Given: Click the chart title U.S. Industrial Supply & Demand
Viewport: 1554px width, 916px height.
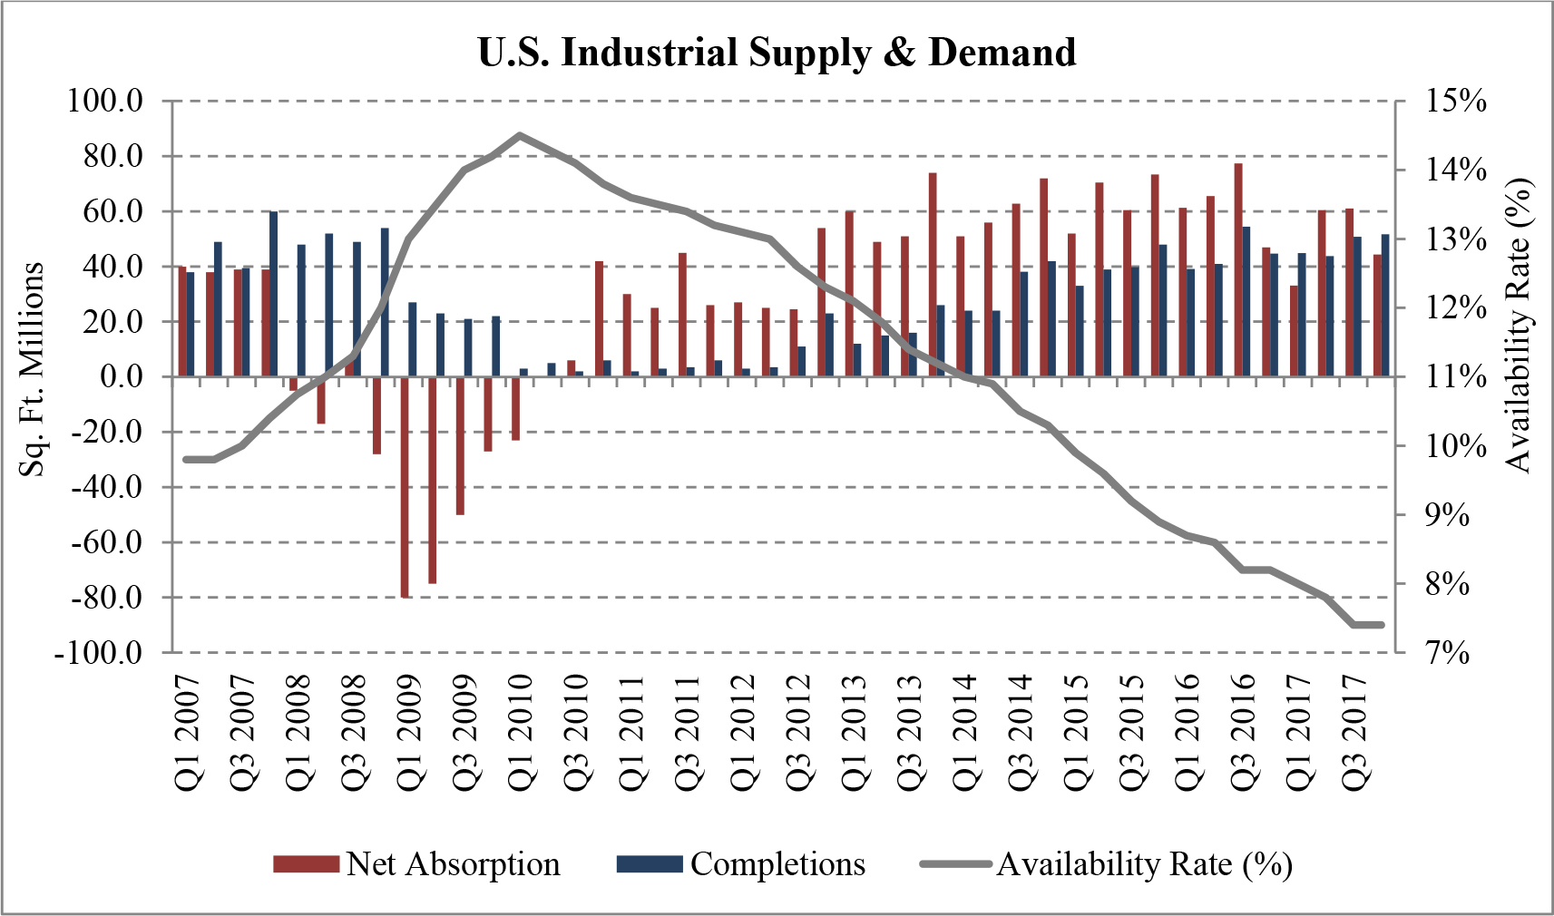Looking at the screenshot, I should point(777,53).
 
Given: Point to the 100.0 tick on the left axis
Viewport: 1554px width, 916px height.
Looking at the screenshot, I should point(106,101).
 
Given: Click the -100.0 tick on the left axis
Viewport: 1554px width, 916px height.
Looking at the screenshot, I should point(99,653).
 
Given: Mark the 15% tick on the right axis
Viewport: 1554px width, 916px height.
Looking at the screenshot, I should point(1455,101).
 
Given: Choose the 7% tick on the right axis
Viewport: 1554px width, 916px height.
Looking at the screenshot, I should point(1448,653).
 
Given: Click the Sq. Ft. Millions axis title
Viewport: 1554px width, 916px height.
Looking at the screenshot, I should point(33,369).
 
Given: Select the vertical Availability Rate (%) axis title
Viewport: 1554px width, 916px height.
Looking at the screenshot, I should point(1517,325).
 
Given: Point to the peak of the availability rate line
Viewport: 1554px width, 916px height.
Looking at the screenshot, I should point(519,135).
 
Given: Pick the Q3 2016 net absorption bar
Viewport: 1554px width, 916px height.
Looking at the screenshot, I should point(1238,269).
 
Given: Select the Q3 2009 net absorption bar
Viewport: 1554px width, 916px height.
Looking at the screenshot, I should point(460,445).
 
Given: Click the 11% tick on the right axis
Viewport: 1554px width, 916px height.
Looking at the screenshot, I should point(1455,376).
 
